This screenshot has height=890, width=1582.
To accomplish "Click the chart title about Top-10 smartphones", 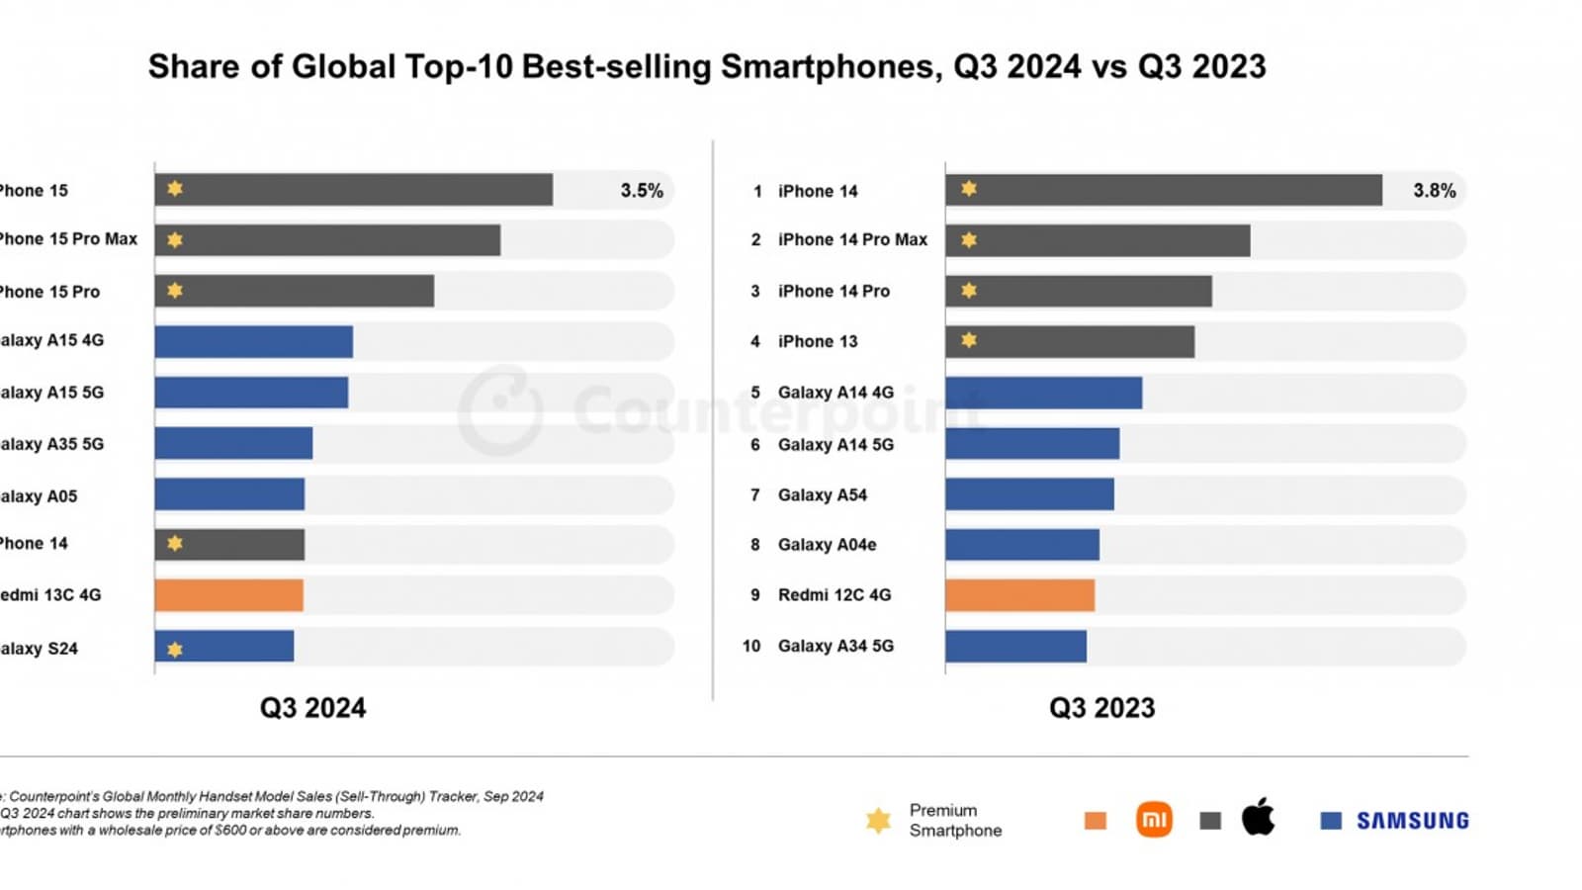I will coord(706,67).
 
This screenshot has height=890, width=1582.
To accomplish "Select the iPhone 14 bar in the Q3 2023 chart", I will coord(1163,190).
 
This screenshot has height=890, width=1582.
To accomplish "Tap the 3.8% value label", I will coord(1434,191).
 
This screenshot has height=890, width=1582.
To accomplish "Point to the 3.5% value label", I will coord(642,191).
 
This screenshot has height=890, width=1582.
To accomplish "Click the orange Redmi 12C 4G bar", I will coord(1019,595).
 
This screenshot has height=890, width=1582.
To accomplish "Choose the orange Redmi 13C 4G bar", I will coord(228,595).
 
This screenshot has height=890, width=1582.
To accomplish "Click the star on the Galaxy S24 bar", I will coord(175,650).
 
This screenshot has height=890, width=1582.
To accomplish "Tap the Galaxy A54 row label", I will coord(822,495).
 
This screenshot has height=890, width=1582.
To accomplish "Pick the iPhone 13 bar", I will coord(1069,341).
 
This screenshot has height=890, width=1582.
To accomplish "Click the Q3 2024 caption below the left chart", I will coord(312,708).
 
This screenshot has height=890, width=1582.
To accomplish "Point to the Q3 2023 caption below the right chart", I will coord(1101,708).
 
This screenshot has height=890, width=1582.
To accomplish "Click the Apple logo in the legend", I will coord(1258,818).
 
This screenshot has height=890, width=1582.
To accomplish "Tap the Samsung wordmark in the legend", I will coord(1412,821).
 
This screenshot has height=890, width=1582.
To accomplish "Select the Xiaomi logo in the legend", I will coord(1154,820).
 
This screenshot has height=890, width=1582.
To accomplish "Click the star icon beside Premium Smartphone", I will coord(878,821).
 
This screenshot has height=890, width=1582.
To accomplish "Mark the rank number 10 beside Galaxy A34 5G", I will coord(751,646).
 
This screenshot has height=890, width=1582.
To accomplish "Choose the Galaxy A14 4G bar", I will coord(1043,393).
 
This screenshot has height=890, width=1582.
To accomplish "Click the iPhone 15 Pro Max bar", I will coord(327,240).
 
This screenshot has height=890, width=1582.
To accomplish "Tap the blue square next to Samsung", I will coord(1331,821).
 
